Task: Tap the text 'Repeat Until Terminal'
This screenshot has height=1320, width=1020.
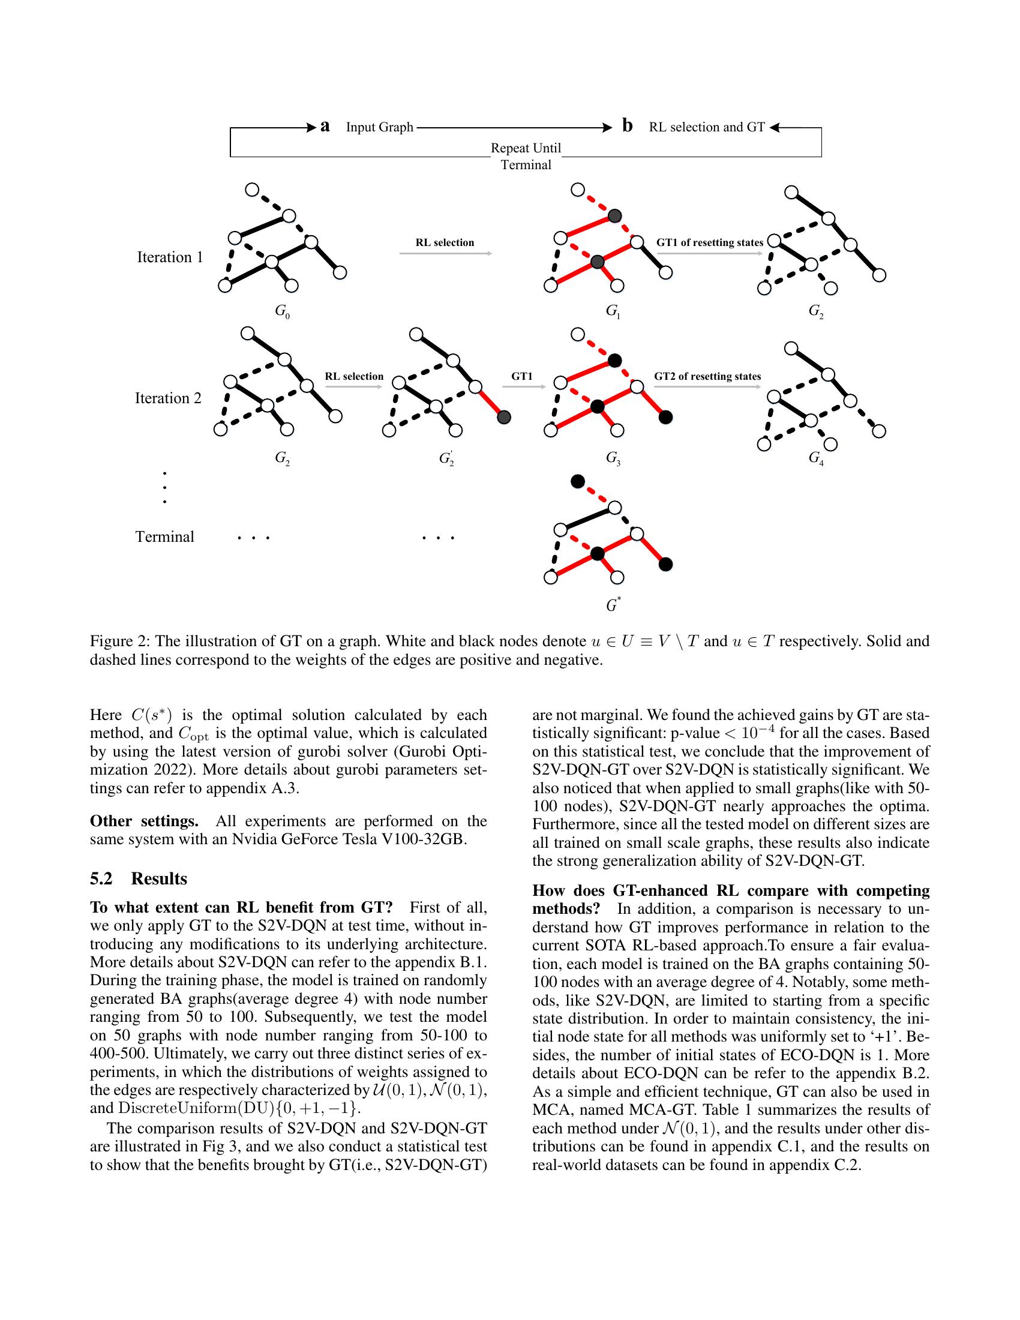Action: click(526, 156)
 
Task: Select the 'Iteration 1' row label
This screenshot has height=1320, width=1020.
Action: click(170, 257)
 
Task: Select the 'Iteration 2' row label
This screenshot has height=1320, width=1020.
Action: click(168, 398)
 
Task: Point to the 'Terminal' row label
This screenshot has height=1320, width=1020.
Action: click(164, 537)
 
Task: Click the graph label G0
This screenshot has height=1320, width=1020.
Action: click(281, 311)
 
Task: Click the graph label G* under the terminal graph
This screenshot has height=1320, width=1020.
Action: click(613, 604)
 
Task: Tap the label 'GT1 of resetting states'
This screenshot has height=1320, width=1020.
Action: click(709, 242)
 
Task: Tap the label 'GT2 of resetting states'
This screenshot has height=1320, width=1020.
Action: click(707, 376)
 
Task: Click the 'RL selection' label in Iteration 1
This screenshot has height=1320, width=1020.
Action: click(445, 242)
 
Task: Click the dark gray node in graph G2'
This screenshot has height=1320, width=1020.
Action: click(504, 416)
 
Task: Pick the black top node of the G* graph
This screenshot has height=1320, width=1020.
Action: click(578, 481)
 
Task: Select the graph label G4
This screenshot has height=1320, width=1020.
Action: click(816, 458)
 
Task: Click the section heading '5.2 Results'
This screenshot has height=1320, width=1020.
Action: click(139, 878)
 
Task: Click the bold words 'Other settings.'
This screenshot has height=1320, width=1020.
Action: click(144, 821)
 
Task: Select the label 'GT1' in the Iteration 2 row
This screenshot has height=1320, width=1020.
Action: click(522, 376)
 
